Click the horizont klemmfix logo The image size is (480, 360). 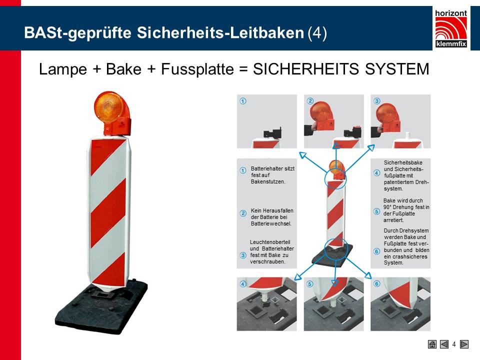(x=451, y=29)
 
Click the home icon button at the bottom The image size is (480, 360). (x=432, y=344)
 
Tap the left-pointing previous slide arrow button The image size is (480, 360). (x=444, y=344)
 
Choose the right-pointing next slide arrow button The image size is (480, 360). (x=464, y=344)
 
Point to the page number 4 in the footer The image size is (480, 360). (x=454, y=344)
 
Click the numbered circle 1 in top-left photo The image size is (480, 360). (x=243, y=101)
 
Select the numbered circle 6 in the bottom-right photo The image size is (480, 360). (x=377, y=284)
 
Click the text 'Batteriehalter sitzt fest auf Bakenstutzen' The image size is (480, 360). (x=272, y=175)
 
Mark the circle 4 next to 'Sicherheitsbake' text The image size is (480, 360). (x=377, y=173)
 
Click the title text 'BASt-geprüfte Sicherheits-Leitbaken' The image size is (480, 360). (x=164, y=33)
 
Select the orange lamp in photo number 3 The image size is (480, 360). (x=387, y=114)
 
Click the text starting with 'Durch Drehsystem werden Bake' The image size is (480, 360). (x=405, y=246)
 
